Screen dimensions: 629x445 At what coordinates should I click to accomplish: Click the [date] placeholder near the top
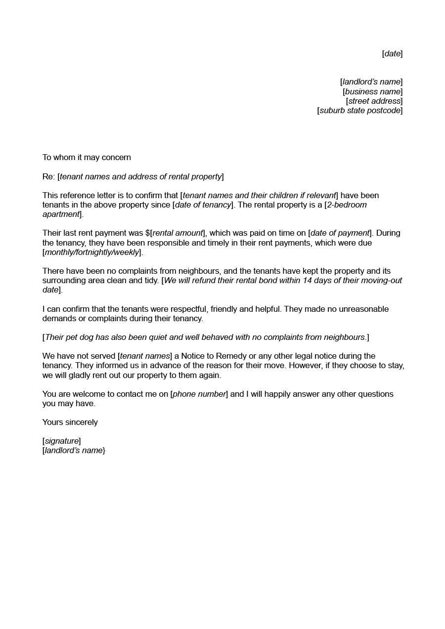(x=393, y=54)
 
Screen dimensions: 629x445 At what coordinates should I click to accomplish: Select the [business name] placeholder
(x=373, y=92)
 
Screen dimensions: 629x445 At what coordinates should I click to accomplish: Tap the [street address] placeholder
(x=374, y=101)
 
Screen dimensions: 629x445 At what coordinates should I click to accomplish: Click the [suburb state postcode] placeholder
(x=360, y=111)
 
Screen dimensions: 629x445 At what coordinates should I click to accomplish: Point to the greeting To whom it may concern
(x=87, y=158)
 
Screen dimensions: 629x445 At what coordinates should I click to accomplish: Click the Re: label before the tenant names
(x=48, y=177)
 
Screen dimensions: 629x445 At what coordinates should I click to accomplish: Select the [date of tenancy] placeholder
(x=203, y=205)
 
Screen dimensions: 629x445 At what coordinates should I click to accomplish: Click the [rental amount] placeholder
(x=178, y=233)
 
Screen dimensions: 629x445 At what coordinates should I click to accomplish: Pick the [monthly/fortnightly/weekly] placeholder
(x=92, y=252)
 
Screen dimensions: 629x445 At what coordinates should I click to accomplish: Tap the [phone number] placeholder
(x=199, y=394)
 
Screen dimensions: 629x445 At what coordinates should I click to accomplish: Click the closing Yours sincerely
(x=70, y=422)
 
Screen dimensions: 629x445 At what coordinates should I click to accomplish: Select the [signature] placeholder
(x=62, y=441)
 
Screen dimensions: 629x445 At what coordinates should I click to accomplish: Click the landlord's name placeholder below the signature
(x=74, y=451)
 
